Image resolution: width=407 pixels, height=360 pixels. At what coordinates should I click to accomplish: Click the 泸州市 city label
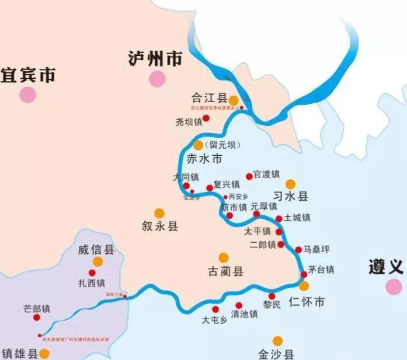coord(155,58)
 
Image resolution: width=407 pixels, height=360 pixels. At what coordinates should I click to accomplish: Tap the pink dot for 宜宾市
coord(27,95)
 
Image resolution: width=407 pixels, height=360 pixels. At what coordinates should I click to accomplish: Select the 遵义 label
coord(386,268)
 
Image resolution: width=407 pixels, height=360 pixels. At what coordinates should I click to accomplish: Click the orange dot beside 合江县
coord(234,100)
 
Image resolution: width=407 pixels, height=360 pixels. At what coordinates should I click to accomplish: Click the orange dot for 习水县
coord(290,184)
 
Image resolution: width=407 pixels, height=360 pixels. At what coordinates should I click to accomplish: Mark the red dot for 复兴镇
coord(210,188)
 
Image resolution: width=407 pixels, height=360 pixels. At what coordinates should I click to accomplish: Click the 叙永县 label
coord(159,226)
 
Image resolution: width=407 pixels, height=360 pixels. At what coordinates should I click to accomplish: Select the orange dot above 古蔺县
coord(222,257)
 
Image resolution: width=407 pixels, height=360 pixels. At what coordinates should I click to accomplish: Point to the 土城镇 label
coord(297,218)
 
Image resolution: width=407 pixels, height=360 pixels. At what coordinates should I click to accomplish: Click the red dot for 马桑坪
coord(298,250)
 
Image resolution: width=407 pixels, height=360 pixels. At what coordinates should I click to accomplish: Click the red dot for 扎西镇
coord(92,272)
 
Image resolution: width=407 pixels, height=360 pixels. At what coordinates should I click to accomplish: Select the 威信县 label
coord(96,250)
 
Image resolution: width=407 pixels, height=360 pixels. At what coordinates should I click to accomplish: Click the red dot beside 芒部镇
coord(36,317)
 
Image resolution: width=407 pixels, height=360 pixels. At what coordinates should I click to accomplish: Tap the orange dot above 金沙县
coord(277,341)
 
